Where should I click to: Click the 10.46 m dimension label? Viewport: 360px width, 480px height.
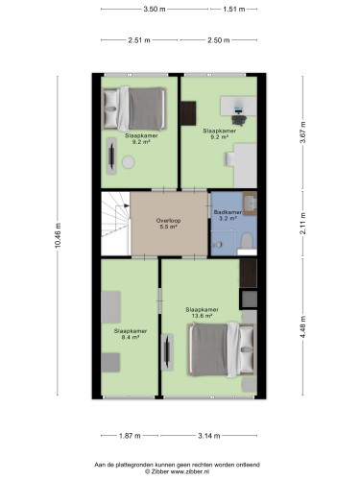coord(58,235)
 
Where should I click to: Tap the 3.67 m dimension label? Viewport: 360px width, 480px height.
coord(303,132)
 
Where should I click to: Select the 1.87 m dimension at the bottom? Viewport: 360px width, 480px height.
coord(130,436)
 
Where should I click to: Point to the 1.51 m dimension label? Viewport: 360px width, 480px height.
coord(234,9)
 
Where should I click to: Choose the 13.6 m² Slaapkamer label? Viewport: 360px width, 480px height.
coord(203,312)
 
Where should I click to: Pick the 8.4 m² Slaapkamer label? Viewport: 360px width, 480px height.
coord(131,334)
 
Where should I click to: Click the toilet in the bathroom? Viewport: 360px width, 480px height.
coord(247,241)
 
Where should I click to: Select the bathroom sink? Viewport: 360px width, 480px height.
coord(250,203)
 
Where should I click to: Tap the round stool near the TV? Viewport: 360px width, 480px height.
coord(129,162)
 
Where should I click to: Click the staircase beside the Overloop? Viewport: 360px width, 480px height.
coord(115,224)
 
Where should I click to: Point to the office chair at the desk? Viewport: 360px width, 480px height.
coord(239,120)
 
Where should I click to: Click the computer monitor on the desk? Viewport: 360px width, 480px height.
coord(238,109)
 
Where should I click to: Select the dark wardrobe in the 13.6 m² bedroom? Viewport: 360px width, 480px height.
coord(249,273)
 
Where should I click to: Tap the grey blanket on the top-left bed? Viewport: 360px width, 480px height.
coord(146,108)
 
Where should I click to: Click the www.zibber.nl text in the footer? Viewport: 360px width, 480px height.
coord(190,471)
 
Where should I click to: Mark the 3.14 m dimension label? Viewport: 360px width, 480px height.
coord(209,436)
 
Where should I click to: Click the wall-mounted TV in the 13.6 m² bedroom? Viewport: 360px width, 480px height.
coord(167,352)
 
